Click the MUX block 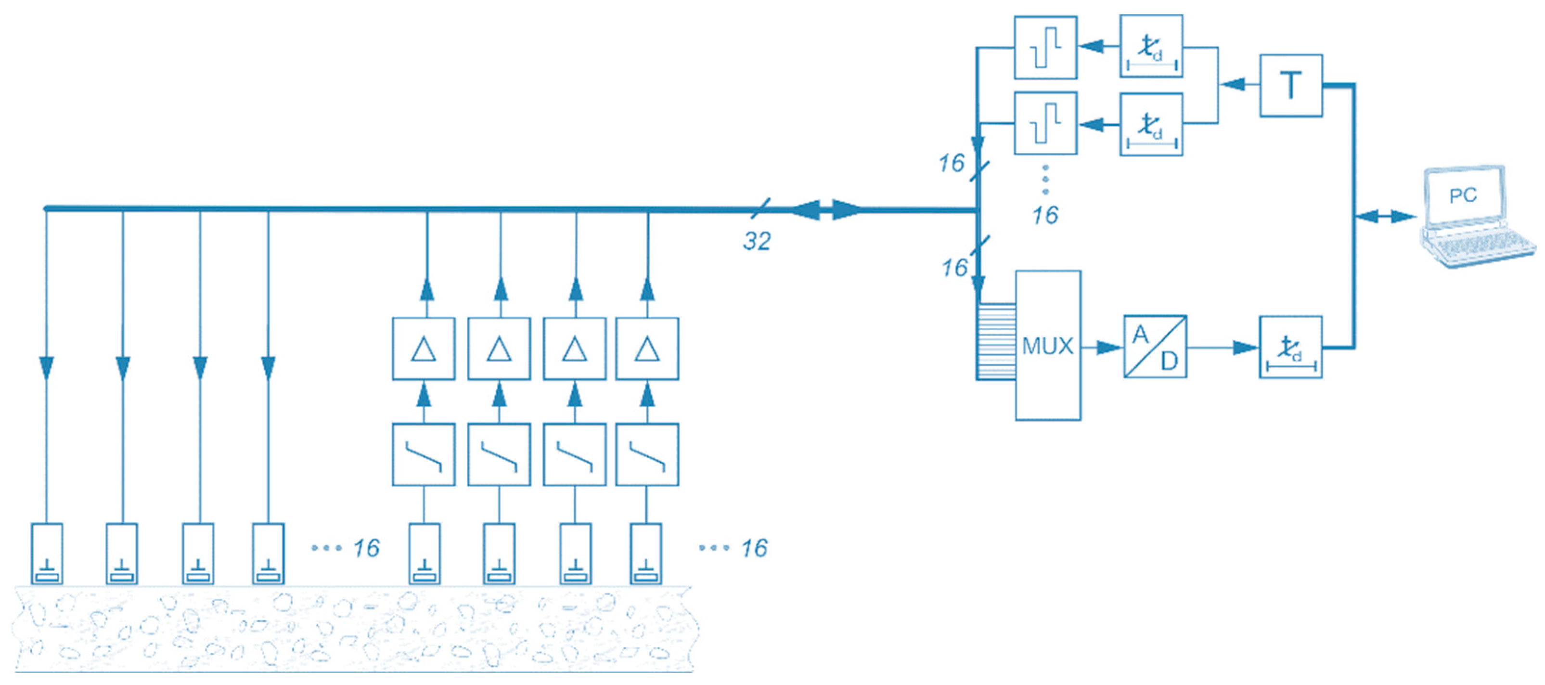click(x=1048, y=346)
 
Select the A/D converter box click(x=1155, y=346)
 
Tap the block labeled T click(x=1291, y=85)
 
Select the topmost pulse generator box click(x=1045, y=47)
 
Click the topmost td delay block click(x=1151, y=46)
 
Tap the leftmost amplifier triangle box click(x=424, y=349)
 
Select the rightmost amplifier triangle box click(x=647, y=349)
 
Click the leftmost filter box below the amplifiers click(x=424, y=454)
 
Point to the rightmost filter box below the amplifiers click(x=647, y=454)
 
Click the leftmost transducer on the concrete click(x=47, y=553)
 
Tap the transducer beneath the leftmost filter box click(x=424, y=553)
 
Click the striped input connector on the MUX click(x=996, y=341)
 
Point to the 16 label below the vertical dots click(x=1045, y=215)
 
